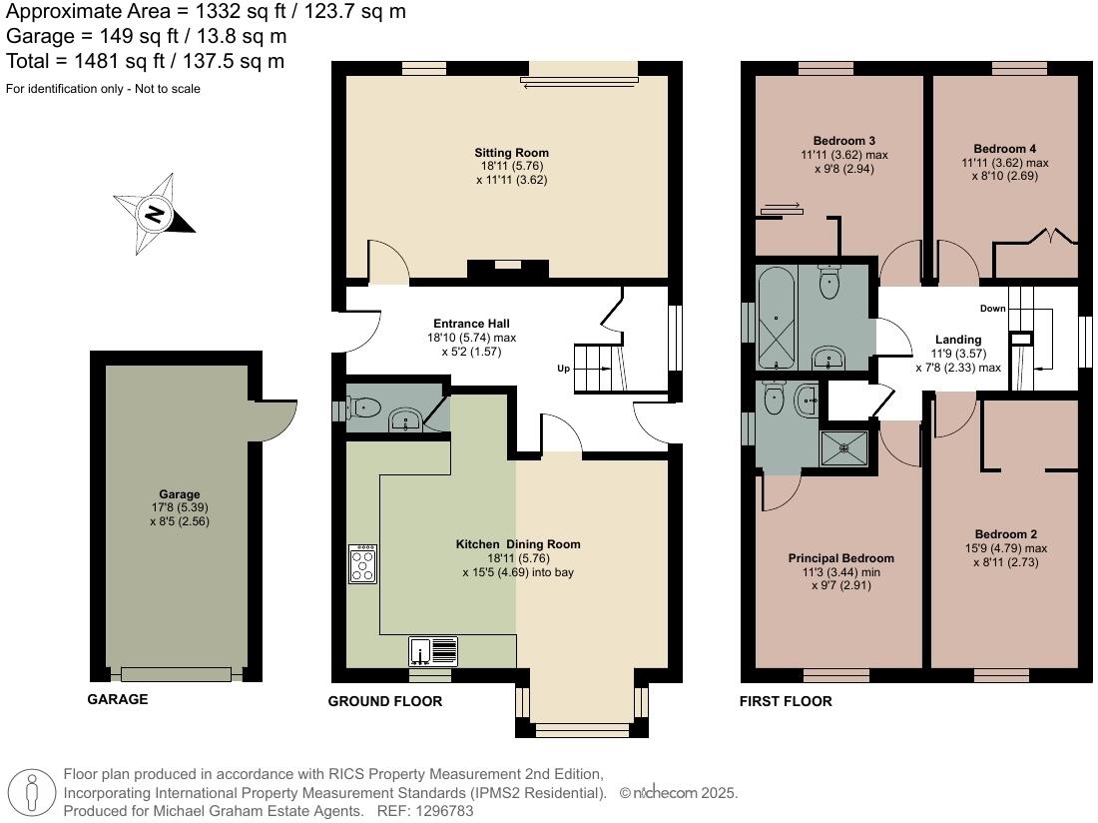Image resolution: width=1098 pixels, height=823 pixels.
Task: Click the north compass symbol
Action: point(155,214)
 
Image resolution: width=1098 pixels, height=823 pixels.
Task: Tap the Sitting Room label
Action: point(511,153)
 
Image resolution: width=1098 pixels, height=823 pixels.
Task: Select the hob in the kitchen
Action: point(362,564)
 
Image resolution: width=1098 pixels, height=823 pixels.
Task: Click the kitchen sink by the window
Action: point(433,651)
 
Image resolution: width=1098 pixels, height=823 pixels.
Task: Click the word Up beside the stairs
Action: point(564,369)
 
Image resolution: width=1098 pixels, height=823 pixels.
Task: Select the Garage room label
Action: point(179,494)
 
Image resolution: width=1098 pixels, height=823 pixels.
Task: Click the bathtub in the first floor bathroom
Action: point(777,318)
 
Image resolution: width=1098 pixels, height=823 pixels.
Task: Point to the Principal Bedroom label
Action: point(840,558)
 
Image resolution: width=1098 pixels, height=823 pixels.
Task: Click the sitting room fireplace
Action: point(508,268)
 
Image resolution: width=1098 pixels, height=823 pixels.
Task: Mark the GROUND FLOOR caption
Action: point(384,702)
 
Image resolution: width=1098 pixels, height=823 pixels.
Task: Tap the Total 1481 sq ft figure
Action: point(145,62)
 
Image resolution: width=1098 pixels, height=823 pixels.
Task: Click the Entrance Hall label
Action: point(471,324)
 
